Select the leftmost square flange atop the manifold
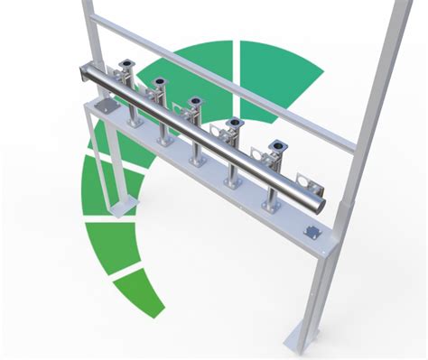tap(126, 64)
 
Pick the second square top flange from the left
tap(160, 82)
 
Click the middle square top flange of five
tap(194, 101)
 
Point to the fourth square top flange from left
tap(234, 122)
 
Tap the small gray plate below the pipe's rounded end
tap(314, 231)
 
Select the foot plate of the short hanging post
tap(118, 208)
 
